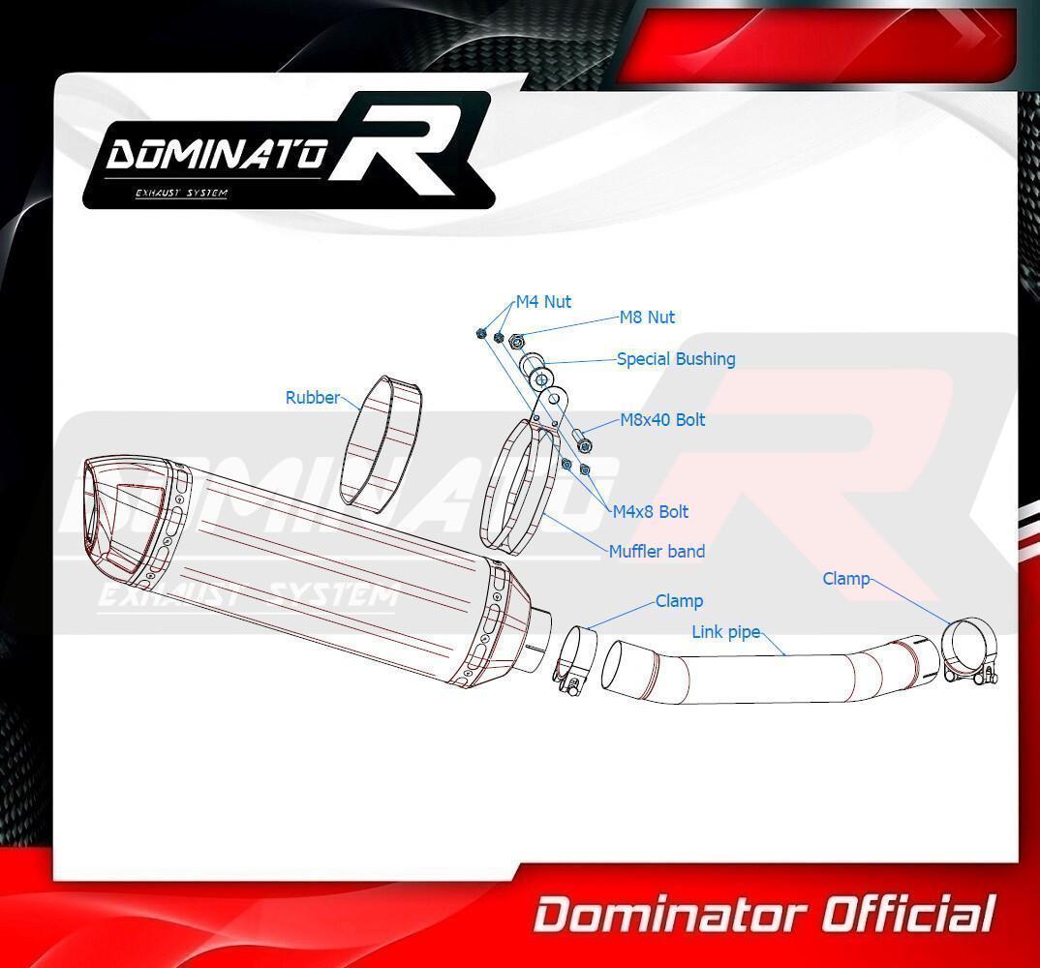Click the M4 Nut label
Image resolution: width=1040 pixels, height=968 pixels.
pyautogui.click(x=543, y=302)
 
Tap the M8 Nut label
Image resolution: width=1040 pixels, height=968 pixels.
pyautogui.click(x=647, y=318)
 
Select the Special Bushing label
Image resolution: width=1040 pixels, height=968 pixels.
pyautogui.click(x=676, y=359)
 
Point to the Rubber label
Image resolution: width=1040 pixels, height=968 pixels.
pyautogui.click(x=313, y=398)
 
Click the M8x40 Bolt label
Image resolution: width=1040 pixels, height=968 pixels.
pyautogui.click(x=662, y=420)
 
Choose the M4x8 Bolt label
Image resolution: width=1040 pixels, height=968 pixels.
pyautogui.click(x=650, y=512)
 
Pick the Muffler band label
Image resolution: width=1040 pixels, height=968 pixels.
pyautogui.click(x=657, y=551)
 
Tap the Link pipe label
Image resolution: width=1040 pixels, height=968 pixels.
pyautogui.click(x=725, y=632)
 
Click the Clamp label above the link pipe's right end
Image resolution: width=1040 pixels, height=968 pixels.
pyautogui.click(x=845, y=579)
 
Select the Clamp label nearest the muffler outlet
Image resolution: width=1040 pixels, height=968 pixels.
pyautogui.click(x=679, y=601)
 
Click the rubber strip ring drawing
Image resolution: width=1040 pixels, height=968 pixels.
pyautogui.click(x=381, y=443)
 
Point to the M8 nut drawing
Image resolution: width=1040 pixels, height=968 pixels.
pyautogui.click(x=519, y=342)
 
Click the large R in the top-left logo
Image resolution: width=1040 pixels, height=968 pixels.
pyautogui.click(x=406, y=145)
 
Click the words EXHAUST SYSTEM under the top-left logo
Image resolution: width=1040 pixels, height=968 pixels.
pyautogui.click(x=181, y=193)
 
